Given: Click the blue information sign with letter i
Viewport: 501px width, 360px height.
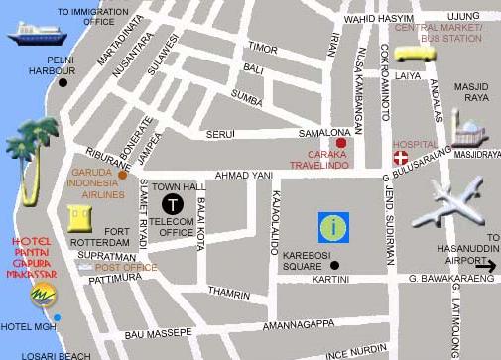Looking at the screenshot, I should [x=333, y=227].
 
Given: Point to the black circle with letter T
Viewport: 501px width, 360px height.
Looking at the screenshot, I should [x=173, y=204].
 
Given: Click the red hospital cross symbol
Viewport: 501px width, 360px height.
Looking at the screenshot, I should [x=400, y=158].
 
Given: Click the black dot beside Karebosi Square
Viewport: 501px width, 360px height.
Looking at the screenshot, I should [x=335, y=265].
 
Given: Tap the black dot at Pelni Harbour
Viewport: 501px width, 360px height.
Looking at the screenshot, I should [x=63, y=82].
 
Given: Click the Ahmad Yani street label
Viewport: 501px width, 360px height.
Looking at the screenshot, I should [x=243, y=176].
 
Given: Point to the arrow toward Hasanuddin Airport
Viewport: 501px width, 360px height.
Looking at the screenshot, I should [x=484, y=265].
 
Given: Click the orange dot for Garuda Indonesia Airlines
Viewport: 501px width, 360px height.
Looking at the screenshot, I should [x=122, y=175].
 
